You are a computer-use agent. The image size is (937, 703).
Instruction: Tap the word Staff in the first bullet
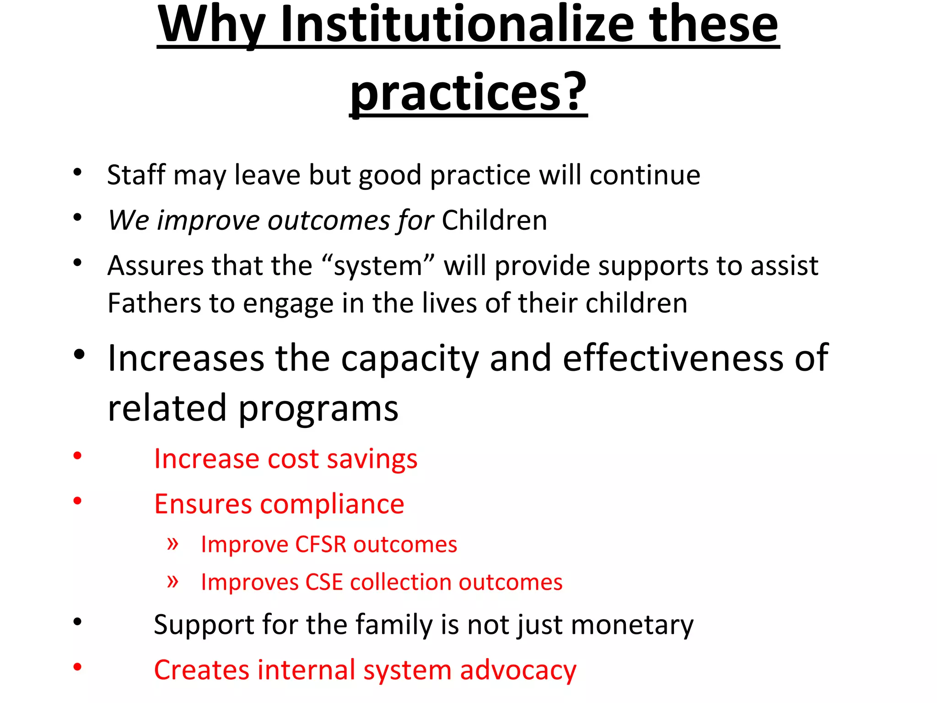click(x=136, y=175)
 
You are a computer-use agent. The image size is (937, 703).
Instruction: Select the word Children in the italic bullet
click(x=494, y=221)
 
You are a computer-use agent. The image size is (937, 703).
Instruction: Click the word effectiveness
click(x=673, y=358)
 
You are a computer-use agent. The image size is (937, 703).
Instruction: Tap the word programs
click(x=318, y=409)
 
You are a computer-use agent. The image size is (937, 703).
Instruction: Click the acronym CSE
click(x=324, y=582)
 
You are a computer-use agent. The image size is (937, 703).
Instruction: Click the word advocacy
click(x=518, y=671)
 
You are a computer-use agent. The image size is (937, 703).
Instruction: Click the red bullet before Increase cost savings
click(x=77, y=455)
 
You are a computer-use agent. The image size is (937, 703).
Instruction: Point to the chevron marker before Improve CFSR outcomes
click(x=172, y=544)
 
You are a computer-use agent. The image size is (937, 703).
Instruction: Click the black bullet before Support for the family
click(x=77, y=622)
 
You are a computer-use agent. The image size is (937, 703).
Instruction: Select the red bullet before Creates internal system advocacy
click(x=77, y=667)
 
